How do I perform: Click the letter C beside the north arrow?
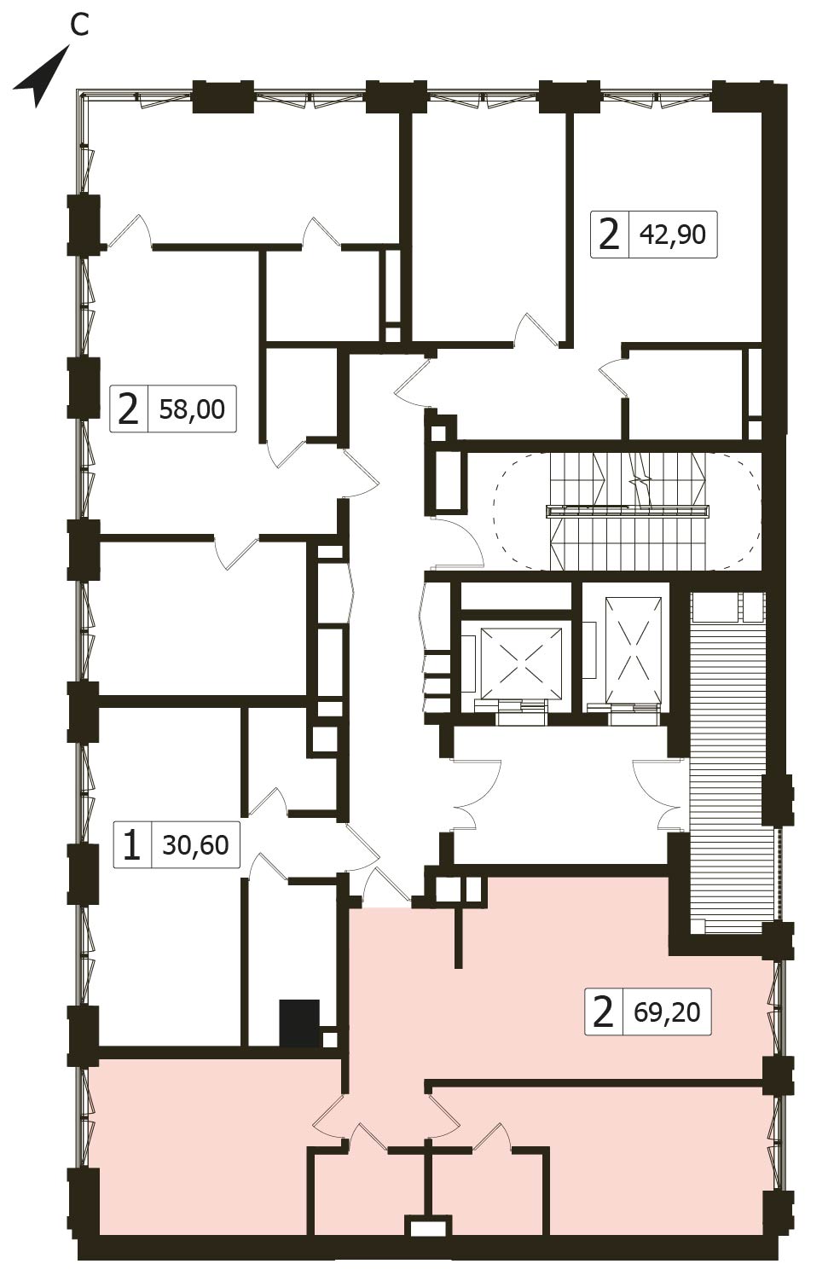point(79,25)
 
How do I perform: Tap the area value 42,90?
point(673,235)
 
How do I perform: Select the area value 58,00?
point(192,409)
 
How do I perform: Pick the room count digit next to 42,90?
point(610,235)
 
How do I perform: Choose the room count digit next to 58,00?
point(128,409)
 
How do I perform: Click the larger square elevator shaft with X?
point(521,663)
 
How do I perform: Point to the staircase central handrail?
point(628,511)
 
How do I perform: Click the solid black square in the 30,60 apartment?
point(299,1023)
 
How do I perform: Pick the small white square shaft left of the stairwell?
point(438,433)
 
